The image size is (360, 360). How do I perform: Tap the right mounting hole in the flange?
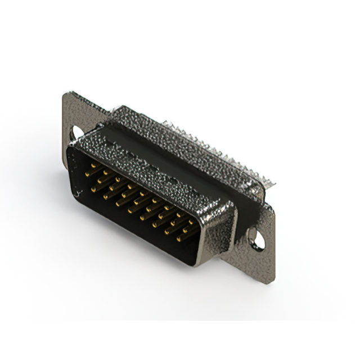(258, 240)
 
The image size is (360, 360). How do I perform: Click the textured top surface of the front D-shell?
(152, 169)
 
